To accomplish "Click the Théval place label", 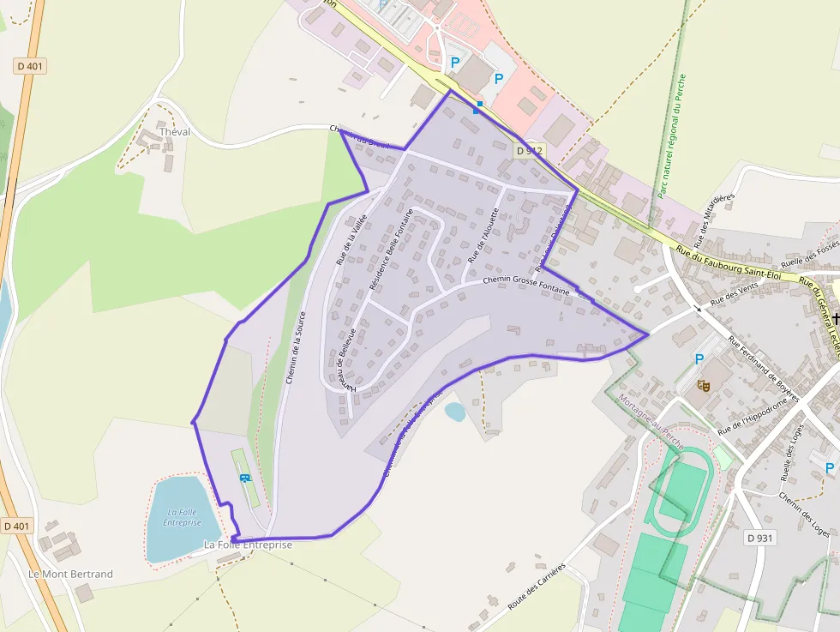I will coord(174,132).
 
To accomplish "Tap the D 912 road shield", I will coord(530,150).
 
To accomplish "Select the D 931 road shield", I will coord(759,538).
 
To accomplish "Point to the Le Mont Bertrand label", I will coord(70,574).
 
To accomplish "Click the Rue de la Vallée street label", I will coord(351,241).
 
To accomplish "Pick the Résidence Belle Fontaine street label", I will coord(391,248).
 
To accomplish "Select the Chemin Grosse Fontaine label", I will coord(525,286).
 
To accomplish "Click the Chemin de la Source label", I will coord(296,346).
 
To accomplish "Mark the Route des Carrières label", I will coord(537,587).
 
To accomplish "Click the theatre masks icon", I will coord(703,385).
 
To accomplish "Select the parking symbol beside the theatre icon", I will coord(699,359).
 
